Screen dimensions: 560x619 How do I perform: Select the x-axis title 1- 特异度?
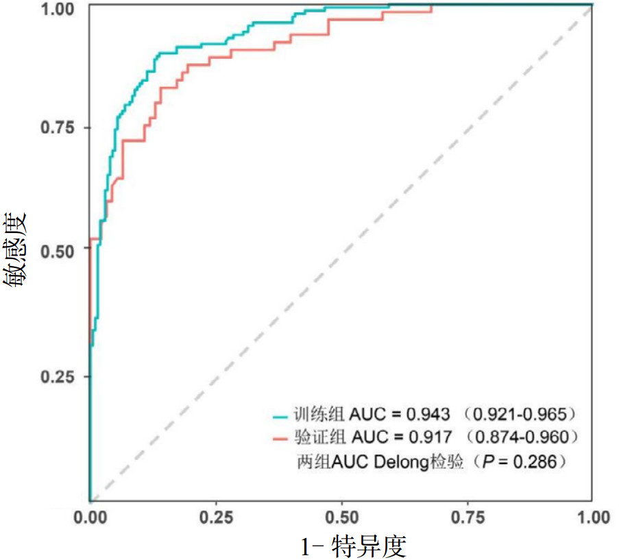point(353,546)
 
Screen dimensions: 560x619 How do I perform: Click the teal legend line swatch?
point(280,415)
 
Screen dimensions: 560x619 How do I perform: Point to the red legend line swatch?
point(280,437)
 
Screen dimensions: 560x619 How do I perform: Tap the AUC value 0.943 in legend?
point(429,415)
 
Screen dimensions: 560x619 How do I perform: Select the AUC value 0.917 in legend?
point(429,437)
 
